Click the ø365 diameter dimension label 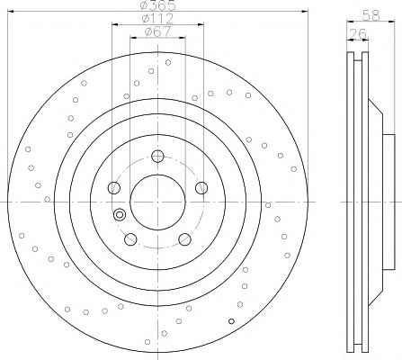pos(158,5)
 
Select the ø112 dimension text pos(157,19)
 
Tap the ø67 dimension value pos(157,31)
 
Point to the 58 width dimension pos(371,15)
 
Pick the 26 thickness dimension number pos(358,33)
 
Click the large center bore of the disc pos(157,202)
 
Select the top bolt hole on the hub pos(157,156)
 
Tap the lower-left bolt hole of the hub pos(130,239)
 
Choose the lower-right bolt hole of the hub pos(184,239)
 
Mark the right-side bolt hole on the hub pos(201,188)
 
